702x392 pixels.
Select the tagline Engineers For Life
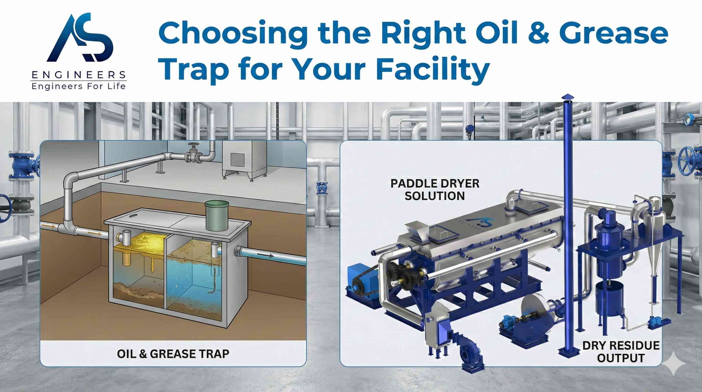(79, 87)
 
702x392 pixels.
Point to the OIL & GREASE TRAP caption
(173, 354)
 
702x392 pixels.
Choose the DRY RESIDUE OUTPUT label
(621, 352)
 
